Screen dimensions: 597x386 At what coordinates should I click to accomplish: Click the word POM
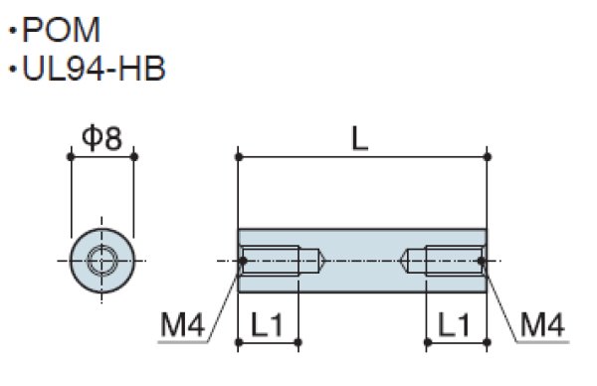pyautogui.click(x=62, y=30)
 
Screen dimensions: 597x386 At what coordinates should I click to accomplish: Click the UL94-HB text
pyautogui.click(x=95, y=69)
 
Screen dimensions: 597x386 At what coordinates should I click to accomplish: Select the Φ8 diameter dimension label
pyautogui.click(x=102, y=138)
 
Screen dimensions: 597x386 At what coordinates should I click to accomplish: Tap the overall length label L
pyautogui.click(x=360, y=139)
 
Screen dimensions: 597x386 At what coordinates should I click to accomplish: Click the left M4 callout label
pyautogui.click(x=183, y=324)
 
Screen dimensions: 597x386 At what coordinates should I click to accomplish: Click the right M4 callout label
pyautogui.click(x=542, y=324)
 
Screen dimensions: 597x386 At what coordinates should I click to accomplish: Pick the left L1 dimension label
pyautogui.click(x=267, y=324)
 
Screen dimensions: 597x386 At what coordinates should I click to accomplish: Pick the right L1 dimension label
pyautogui.click(x=455, y=324)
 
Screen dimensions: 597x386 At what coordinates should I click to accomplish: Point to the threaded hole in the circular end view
pyautogui.click(x=101, y=261)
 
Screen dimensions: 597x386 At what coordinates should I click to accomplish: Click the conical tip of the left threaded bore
pyautogui.click(x=324, y=261)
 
